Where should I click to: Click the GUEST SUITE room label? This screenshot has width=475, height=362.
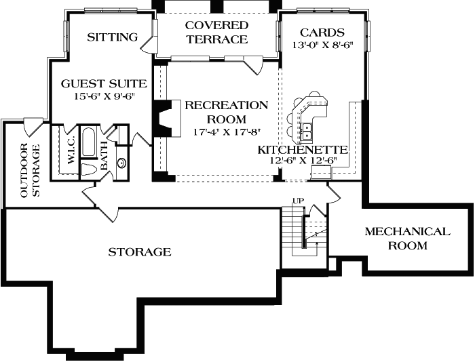click(104, 84)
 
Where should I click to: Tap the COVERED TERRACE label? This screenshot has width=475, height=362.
click(217, 32)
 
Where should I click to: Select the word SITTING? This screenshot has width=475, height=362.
click(113, 37)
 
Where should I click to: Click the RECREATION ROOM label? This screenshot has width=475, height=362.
click(227, 111)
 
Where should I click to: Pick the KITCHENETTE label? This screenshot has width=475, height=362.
click(303, 150)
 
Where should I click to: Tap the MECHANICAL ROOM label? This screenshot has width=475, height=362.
click(407, 238)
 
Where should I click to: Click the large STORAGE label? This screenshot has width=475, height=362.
click(140, 252)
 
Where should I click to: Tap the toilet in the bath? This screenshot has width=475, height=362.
click(90, 169)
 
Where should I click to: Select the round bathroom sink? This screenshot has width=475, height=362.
click(121, 163)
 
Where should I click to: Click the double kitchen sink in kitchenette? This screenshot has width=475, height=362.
click(307, 126)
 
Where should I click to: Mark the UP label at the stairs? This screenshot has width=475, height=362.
click(297, 201)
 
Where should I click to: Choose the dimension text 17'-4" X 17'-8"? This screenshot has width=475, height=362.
click(227, 131)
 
